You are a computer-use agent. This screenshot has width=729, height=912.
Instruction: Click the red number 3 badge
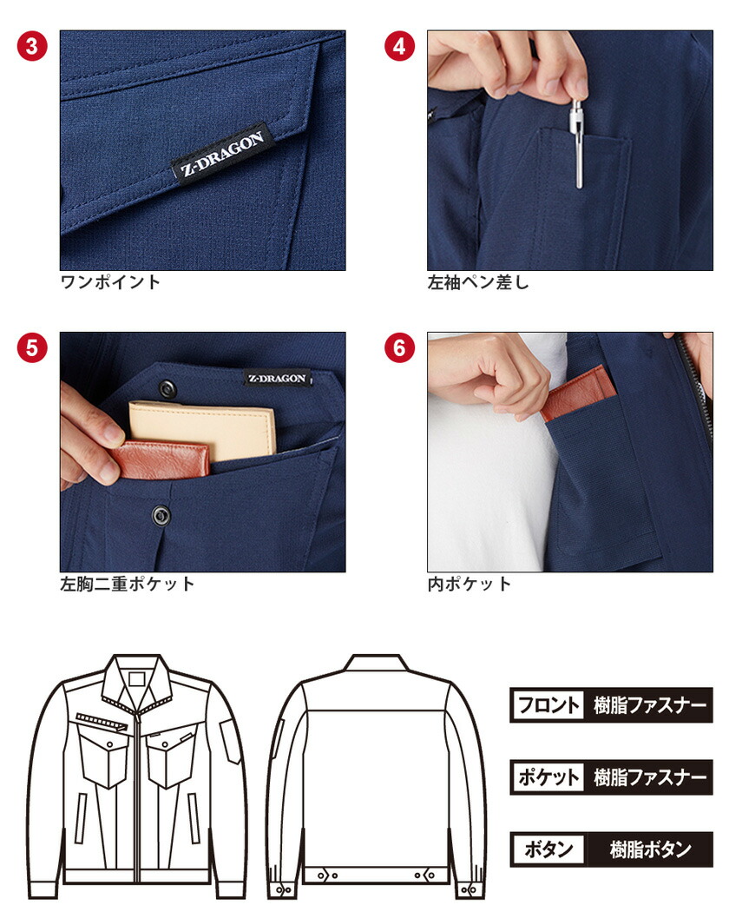click(32, 46)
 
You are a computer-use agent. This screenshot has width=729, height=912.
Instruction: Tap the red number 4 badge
click(399, 46)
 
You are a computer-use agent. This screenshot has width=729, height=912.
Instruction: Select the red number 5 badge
click(32, 347)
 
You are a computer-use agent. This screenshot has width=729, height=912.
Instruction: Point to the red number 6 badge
click(399, 347)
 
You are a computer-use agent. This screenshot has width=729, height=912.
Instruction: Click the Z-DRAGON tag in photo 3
click(222, 154)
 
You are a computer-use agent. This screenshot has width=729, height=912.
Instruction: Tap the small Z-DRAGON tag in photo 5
click(278, 378)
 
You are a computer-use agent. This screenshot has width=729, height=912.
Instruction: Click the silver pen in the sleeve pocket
click(577, 143)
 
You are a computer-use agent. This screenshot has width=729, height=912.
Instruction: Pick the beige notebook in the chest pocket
click(202, 431)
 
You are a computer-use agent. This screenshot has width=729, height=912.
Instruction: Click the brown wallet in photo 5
click(160, 459)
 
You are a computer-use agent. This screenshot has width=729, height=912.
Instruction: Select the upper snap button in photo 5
click(167, 388)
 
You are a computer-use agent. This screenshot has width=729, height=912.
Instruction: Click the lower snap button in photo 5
click(161, 515)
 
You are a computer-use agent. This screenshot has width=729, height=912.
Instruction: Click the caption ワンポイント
click(110, 282)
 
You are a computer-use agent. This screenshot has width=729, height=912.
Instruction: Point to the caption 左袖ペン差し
click(478, 282)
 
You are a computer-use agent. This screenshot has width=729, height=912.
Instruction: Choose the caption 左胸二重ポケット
click(128, 584)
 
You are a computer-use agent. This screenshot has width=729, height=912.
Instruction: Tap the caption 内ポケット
click(470, 584)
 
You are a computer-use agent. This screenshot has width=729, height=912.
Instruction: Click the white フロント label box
click(548, 705)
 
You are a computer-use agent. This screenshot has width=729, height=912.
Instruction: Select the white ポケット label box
click(548, 777)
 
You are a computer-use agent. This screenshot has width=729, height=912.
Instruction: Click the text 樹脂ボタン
click(651, 849)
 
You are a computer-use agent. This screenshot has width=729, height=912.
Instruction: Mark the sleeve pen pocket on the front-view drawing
click(230, 740)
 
